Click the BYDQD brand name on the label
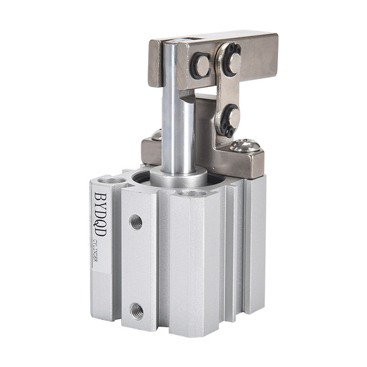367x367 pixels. pos(100,215)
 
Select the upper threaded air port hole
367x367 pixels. pos(136,221)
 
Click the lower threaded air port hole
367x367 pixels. pos(136,311)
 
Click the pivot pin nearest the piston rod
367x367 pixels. pos(200,66)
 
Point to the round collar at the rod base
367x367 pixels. pos(178,178)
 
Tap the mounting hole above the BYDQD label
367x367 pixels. pos(112,181)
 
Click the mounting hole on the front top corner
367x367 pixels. pos(192,194)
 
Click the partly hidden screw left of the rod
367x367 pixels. pos(156,135)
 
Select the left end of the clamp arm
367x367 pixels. pos(154,63)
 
